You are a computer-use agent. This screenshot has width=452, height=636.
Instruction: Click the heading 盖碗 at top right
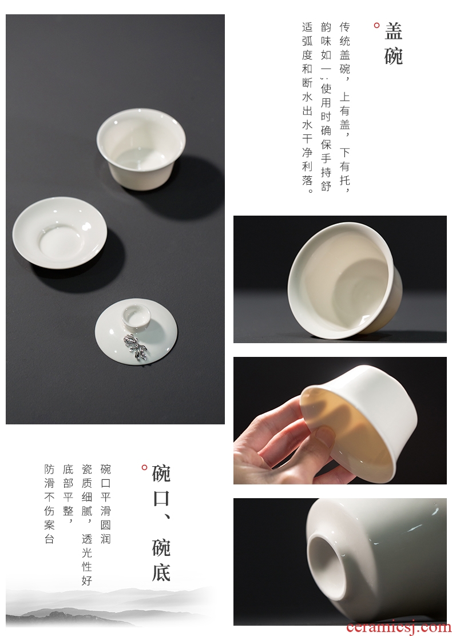pyautogui.click(x=393, y=43)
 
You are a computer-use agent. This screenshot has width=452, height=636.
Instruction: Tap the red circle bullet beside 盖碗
pyautogui.click(x=376, y=26)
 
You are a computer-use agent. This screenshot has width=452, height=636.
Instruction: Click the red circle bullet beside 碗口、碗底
pyautogui.click(x=144, y=468)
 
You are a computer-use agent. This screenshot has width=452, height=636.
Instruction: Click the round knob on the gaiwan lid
pyautogui.click(x=136, y=316)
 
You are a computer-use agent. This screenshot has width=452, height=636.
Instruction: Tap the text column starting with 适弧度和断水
pyautogui.click(x=308, y=108)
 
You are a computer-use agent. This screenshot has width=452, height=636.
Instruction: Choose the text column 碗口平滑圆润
pyautogui.click(x=105, y=504)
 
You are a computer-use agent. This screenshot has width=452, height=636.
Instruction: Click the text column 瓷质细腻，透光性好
pyautogui.click(x=87, y=524)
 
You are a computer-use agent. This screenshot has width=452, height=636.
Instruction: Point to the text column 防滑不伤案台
pyautogui.click(x=50, y=504)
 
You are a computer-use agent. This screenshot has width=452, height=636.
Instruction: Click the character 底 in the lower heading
pyautogui.click(x=161, y=572)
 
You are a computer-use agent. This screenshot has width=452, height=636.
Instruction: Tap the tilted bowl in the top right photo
pyautogui.click(x=345, y=280)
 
